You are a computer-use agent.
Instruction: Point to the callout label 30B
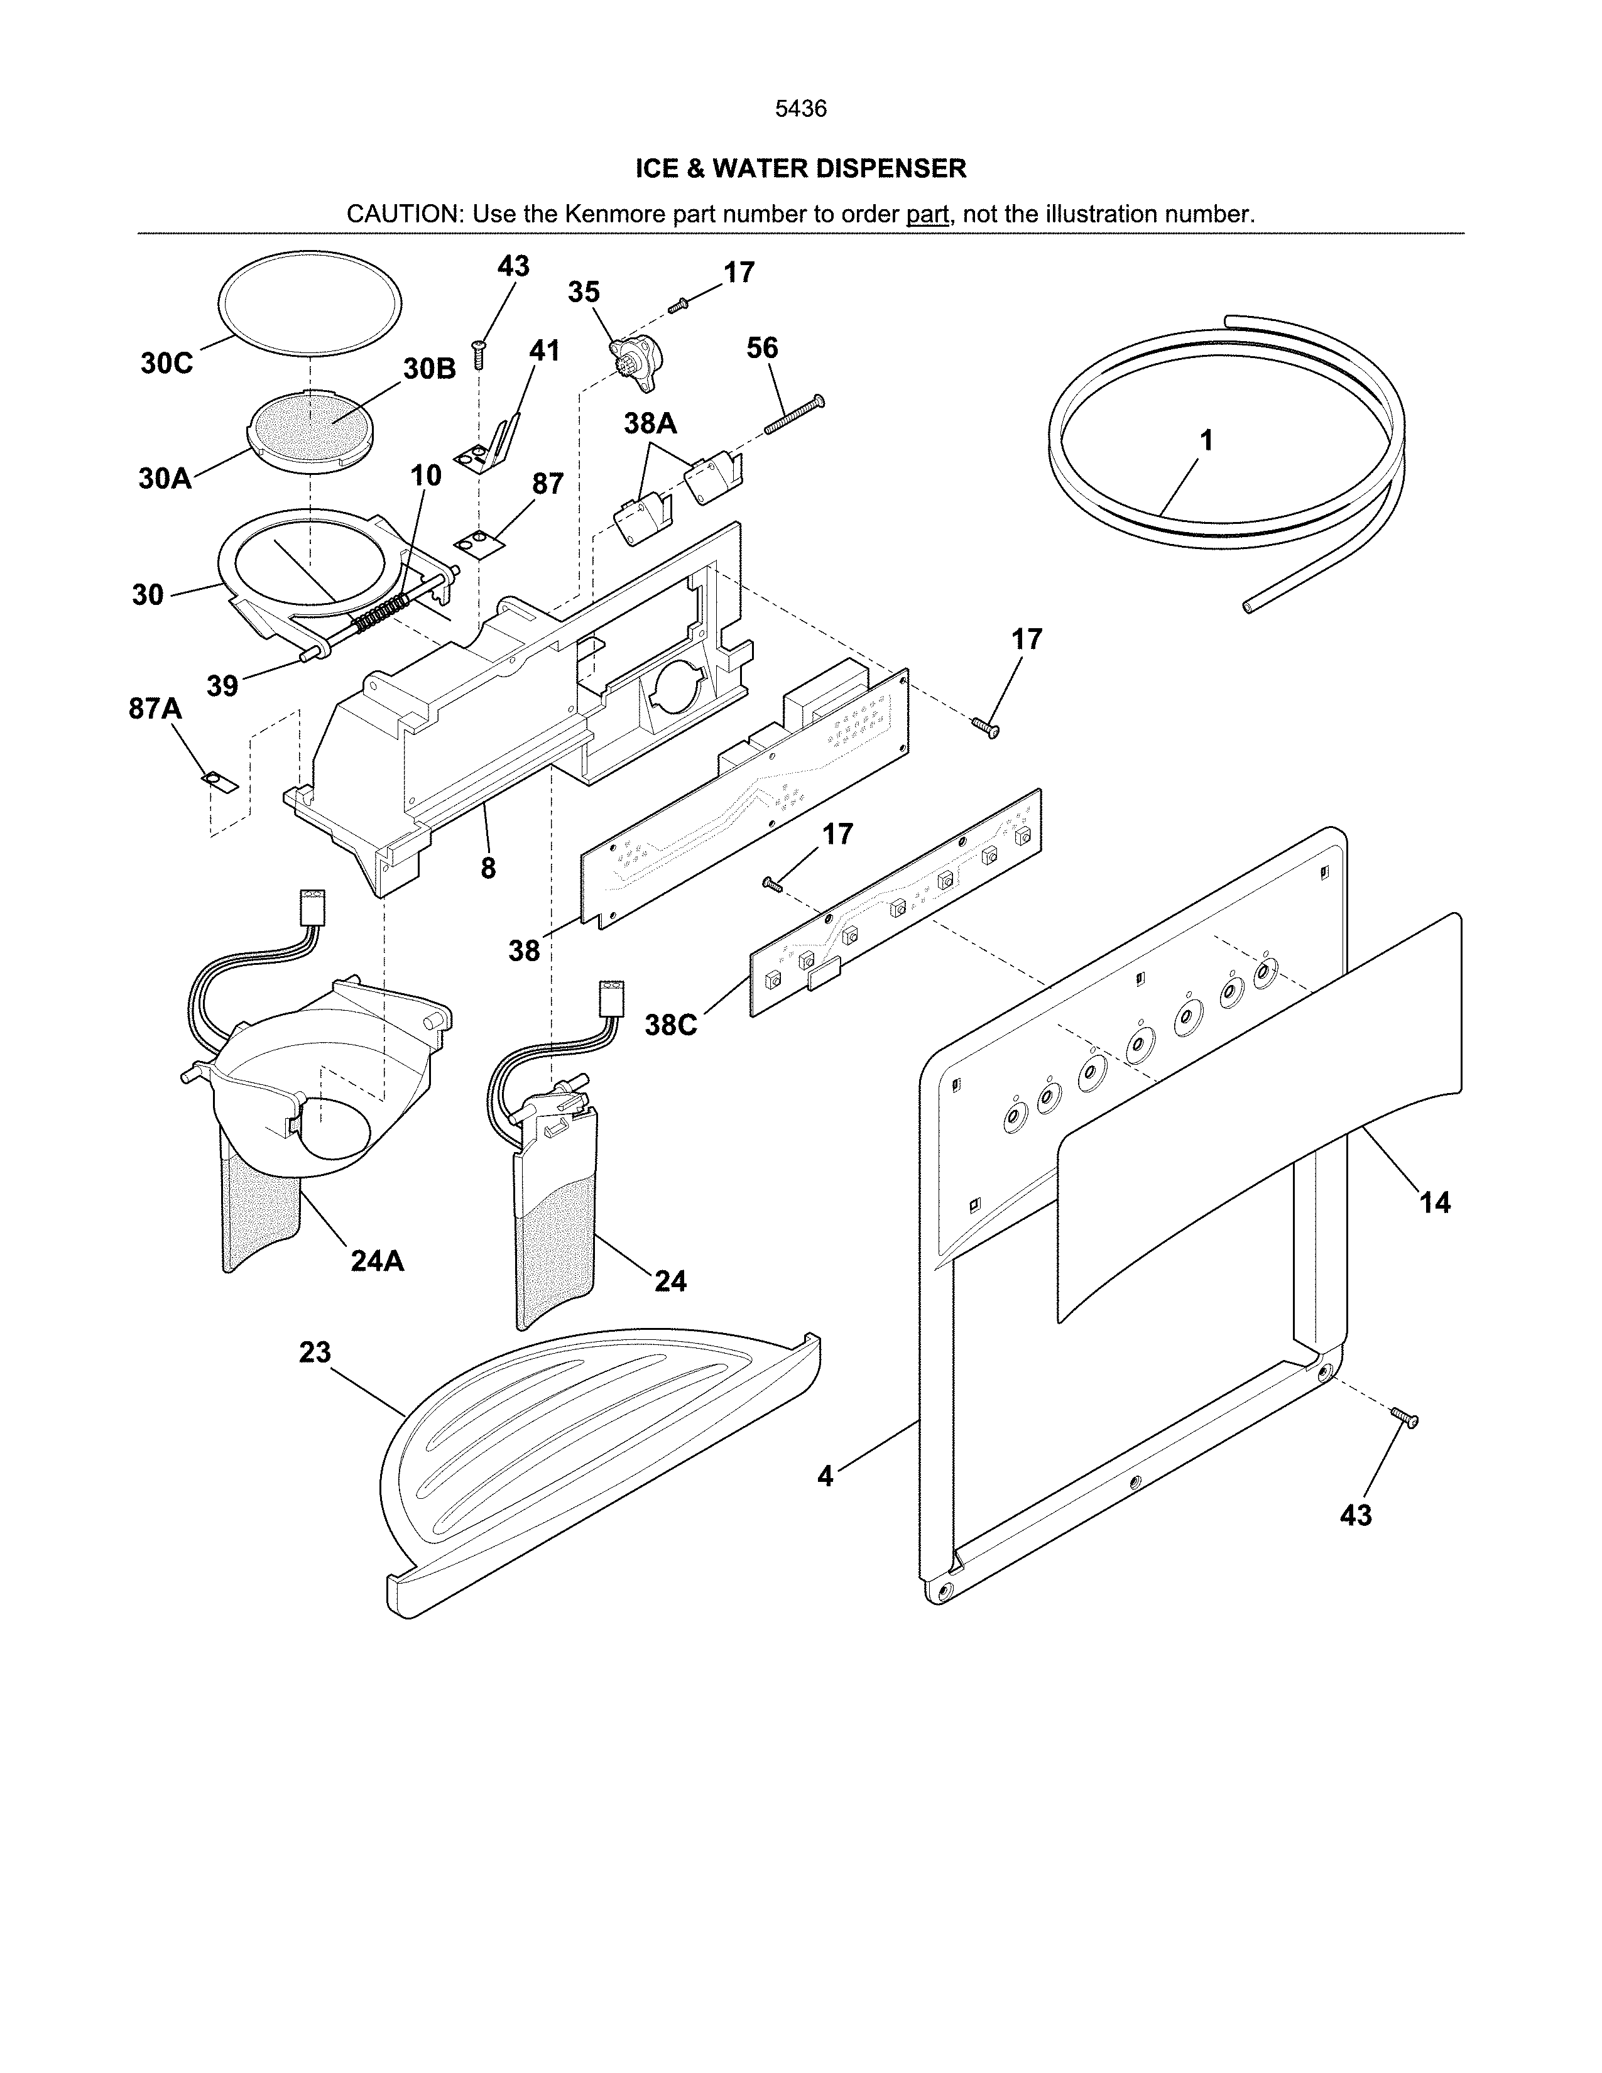(429, 369)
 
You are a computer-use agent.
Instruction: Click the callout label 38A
(650, 423)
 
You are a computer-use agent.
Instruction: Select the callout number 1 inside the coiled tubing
(1206, 440)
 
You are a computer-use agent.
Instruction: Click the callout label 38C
(671, 1025)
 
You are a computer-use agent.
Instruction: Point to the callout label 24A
(377, 1261)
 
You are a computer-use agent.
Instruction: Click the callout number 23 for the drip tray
(315, 1352)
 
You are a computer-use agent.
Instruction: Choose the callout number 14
(1434, 1202)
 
